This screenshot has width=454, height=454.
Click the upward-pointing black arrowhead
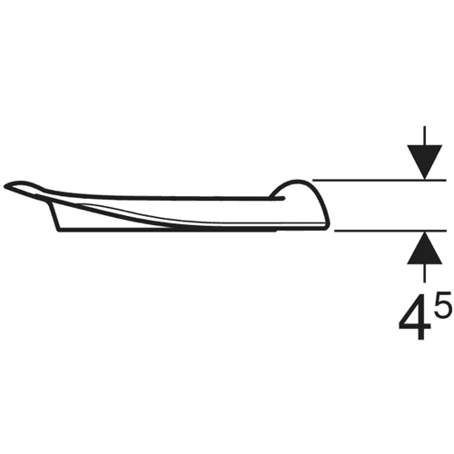424,249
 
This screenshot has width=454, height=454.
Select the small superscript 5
441,304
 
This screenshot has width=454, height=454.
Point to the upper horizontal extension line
380,180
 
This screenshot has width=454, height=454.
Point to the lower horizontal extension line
390,231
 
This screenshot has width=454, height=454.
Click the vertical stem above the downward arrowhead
424,135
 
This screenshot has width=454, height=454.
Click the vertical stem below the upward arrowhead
424,273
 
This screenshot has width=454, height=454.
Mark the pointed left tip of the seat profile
5,186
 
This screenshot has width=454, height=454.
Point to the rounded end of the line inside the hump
283,198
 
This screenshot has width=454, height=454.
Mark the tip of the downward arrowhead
424,179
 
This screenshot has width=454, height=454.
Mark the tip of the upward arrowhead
424,232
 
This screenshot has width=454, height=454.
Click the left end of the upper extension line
312,180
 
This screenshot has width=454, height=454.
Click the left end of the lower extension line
335,231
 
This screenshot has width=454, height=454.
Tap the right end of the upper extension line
446,180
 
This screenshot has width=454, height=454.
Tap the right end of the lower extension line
446,231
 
